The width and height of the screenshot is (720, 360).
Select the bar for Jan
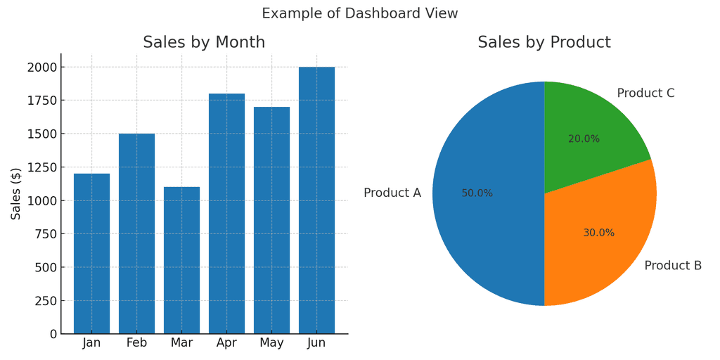click(x=91, y=253)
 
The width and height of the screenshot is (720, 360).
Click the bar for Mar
click(x=181, y=260)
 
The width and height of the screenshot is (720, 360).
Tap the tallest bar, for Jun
click(x=316, y=200)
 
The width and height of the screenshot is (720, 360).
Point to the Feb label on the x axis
click(x=136, y=343)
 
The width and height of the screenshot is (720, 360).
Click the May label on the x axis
click(x=271, y=343)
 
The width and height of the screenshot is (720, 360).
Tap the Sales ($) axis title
click(x=15, y=193)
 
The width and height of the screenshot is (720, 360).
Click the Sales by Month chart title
click(x=204, y=42)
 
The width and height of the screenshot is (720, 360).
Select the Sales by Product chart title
click(x=544, y=42)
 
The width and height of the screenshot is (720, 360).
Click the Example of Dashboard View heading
click(x=360, y=13)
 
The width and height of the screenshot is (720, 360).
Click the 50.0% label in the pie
click(x=477, y=193)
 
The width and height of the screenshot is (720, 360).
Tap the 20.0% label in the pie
click(x=584, y=139)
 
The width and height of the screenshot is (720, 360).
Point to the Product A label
click(x=392, y=193)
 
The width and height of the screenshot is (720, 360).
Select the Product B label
click(x=673, y=266)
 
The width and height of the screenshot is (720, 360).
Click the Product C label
click(x=645, y=94)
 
